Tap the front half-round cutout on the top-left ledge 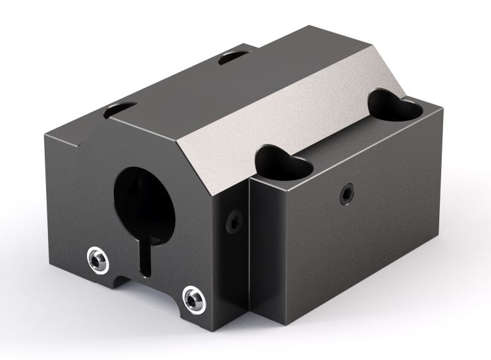[x=121, y=110]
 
